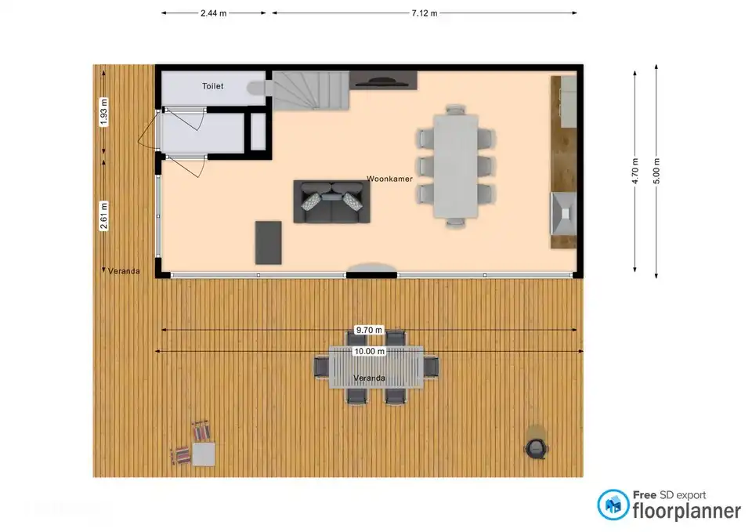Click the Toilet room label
[212, 86]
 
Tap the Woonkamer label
[389, 179]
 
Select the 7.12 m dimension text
[425, 13]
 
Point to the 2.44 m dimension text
[213, 13]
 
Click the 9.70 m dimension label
[369, 330]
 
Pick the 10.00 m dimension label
[369, 352]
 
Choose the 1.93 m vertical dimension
[103, 112]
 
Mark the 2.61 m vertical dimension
[103, 216]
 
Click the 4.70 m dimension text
[635, 172]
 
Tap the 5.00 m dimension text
[656, 172]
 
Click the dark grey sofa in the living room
[331, 201]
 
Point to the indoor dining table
[456, 166]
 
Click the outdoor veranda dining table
[376, 367]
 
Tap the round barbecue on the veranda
[536, 448]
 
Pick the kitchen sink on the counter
[563, 213]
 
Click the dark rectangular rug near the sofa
[268, 243]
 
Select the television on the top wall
[383, 81]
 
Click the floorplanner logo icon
[613, 505]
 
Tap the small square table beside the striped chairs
[204, 454]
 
